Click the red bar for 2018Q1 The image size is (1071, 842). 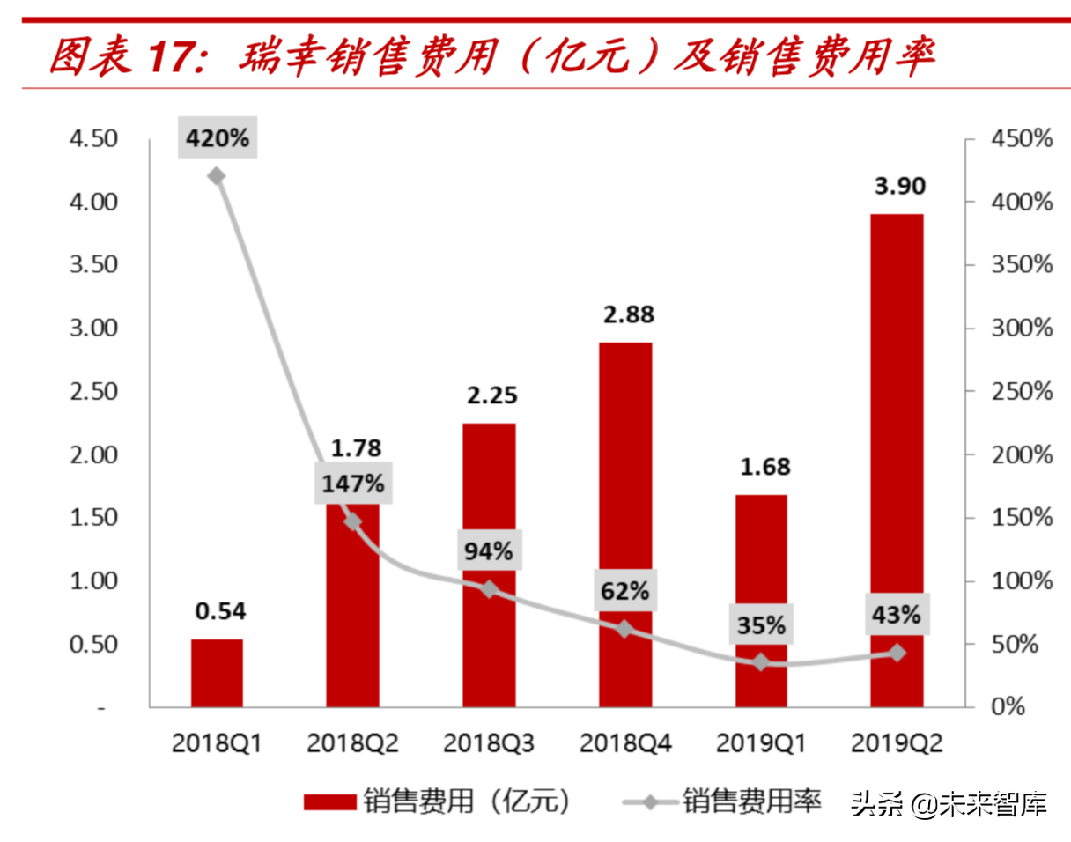[217, 673]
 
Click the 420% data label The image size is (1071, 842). [218, 138]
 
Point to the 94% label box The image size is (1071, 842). [489, 550]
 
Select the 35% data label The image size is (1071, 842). [761, 624]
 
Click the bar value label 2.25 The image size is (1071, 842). [489, 395]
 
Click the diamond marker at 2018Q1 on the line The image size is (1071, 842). [217, 176]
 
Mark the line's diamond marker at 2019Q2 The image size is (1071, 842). [897, 653]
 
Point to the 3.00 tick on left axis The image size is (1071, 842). [93, 329]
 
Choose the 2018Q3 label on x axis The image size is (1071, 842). [489, 744]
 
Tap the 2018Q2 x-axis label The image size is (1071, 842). [353, 744]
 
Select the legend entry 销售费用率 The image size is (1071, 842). [751, 801]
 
